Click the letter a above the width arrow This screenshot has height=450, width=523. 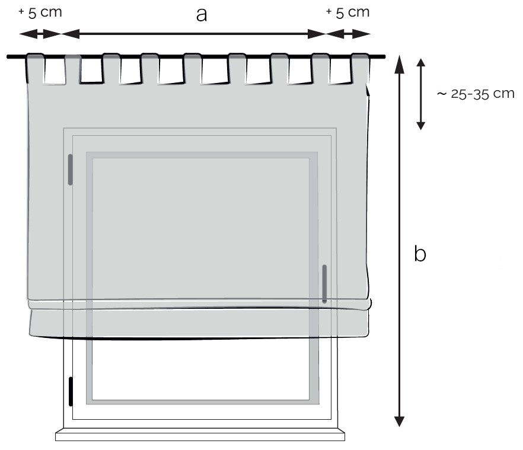click(202, 15)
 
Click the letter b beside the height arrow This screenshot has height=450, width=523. click(420, 253)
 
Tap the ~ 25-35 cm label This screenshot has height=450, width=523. click(476, 94)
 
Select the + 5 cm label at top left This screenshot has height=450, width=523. click(40, 12)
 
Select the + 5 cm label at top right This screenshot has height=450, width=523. click(348, 12)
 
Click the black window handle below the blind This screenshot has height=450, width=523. click(71, 392)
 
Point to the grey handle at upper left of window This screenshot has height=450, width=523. click(70, 170)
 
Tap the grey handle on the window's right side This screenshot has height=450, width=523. click(324, 283)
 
